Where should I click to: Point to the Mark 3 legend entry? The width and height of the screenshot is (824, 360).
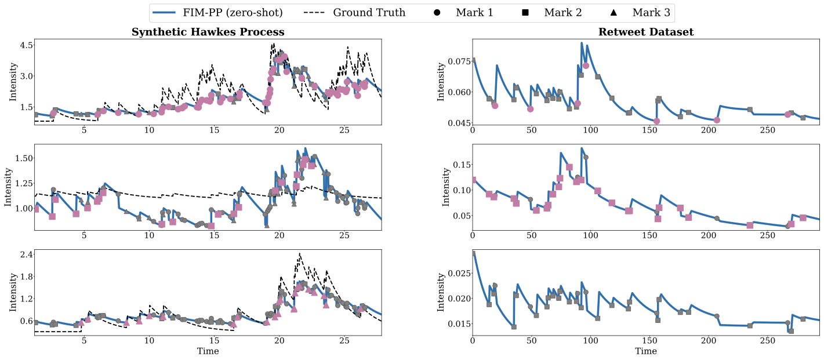click(x=644, y=12)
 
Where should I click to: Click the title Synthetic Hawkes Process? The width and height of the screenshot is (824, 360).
click(x=208, y=32)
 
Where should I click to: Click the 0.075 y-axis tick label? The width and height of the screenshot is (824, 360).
click(x=456, y=61)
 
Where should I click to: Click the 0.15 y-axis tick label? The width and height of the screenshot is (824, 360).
click(x=458, y=165)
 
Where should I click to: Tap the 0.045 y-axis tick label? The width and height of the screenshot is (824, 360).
click(x=456, y=123)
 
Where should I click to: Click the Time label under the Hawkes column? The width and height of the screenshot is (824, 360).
click(x=208, y=351)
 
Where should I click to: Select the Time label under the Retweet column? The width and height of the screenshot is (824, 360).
click(x=645, y=351)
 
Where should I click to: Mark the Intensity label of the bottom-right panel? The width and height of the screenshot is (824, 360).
click(x=441, y=292)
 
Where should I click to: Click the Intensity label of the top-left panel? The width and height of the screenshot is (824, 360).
click(x=13, y=82)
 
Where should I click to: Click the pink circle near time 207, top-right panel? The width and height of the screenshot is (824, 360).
click(x=717, y=120)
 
